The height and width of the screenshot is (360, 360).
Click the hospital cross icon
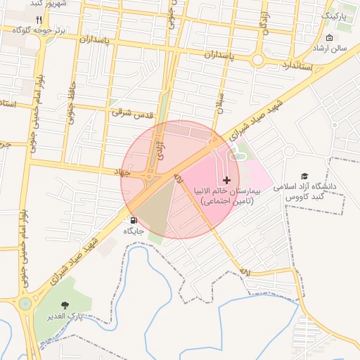click(226, 181)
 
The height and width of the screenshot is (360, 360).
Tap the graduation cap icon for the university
click(304, 176)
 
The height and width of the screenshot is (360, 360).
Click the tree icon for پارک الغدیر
click(65, 305)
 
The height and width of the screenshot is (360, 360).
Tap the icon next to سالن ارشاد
click(330, 37)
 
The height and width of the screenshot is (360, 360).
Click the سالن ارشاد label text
click(331, 49)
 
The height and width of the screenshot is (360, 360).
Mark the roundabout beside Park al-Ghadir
click(26, 304)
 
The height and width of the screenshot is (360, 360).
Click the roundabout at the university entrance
click(288, 151)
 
